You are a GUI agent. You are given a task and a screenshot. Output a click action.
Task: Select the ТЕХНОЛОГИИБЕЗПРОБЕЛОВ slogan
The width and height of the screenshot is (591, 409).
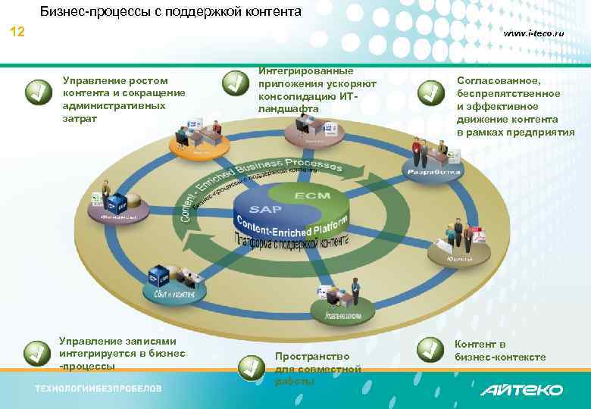pyautogui.click(x=98, y=389)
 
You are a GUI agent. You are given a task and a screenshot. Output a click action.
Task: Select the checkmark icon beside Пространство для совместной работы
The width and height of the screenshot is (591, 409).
pyautogui.click(x=251, y=367)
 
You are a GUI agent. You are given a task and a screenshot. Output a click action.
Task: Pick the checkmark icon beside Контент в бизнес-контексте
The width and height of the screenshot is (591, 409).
pyautogui.click(x=431, y=348)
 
